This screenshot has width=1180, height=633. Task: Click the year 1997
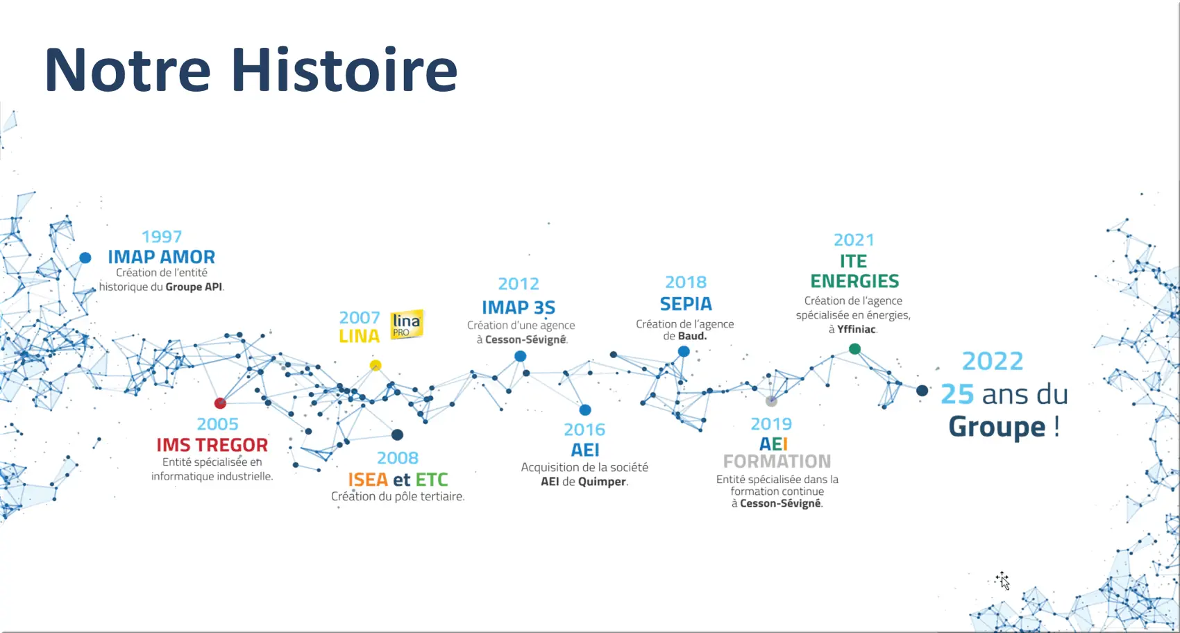162,237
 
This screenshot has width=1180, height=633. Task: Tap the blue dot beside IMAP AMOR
85,258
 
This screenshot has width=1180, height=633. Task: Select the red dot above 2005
220,403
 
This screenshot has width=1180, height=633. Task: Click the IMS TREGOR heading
212,445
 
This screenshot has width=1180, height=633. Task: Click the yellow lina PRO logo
407,324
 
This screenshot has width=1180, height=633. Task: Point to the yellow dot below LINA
376,365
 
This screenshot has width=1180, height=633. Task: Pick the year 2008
398,458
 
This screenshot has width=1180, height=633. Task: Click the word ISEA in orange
368,480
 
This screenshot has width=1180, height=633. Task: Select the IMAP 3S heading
519,307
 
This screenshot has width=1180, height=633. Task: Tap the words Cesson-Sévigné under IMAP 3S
525,339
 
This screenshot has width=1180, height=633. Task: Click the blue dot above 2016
585,410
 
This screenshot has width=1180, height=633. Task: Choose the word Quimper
602,482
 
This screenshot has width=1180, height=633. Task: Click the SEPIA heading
686,304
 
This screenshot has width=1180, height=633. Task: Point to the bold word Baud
691,336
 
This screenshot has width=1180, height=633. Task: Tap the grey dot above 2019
771,401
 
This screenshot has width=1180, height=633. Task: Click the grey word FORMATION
777,462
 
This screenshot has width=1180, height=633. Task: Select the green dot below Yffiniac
855,348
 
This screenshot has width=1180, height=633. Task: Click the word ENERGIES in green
854,281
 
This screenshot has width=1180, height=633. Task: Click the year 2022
993,362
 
